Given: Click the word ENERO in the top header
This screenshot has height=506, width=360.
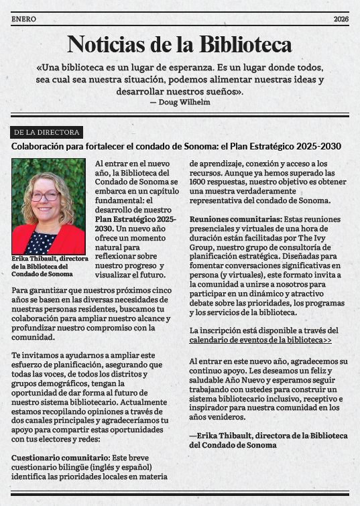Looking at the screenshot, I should [x=23, y=19].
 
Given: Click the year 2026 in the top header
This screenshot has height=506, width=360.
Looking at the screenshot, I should [x=341, y=19].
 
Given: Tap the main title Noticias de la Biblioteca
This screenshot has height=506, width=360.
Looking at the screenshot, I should [x=180, y=44].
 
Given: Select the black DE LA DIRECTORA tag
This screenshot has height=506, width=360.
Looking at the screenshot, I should [x=46, y=133].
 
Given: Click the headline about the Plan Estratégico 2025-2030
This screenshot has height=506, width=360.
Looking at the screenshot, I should [x=176, y=147].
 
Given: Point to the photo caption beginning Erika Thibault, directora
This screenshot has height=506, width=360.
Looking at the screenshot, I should [x=46, y=266].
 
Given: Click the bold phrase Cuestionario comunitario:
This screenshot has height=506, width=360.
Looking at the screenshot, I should [x=47, y=456].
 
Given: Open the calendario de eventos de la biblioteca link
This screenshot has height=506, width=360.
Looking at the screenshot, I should [x=261, y=340].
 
